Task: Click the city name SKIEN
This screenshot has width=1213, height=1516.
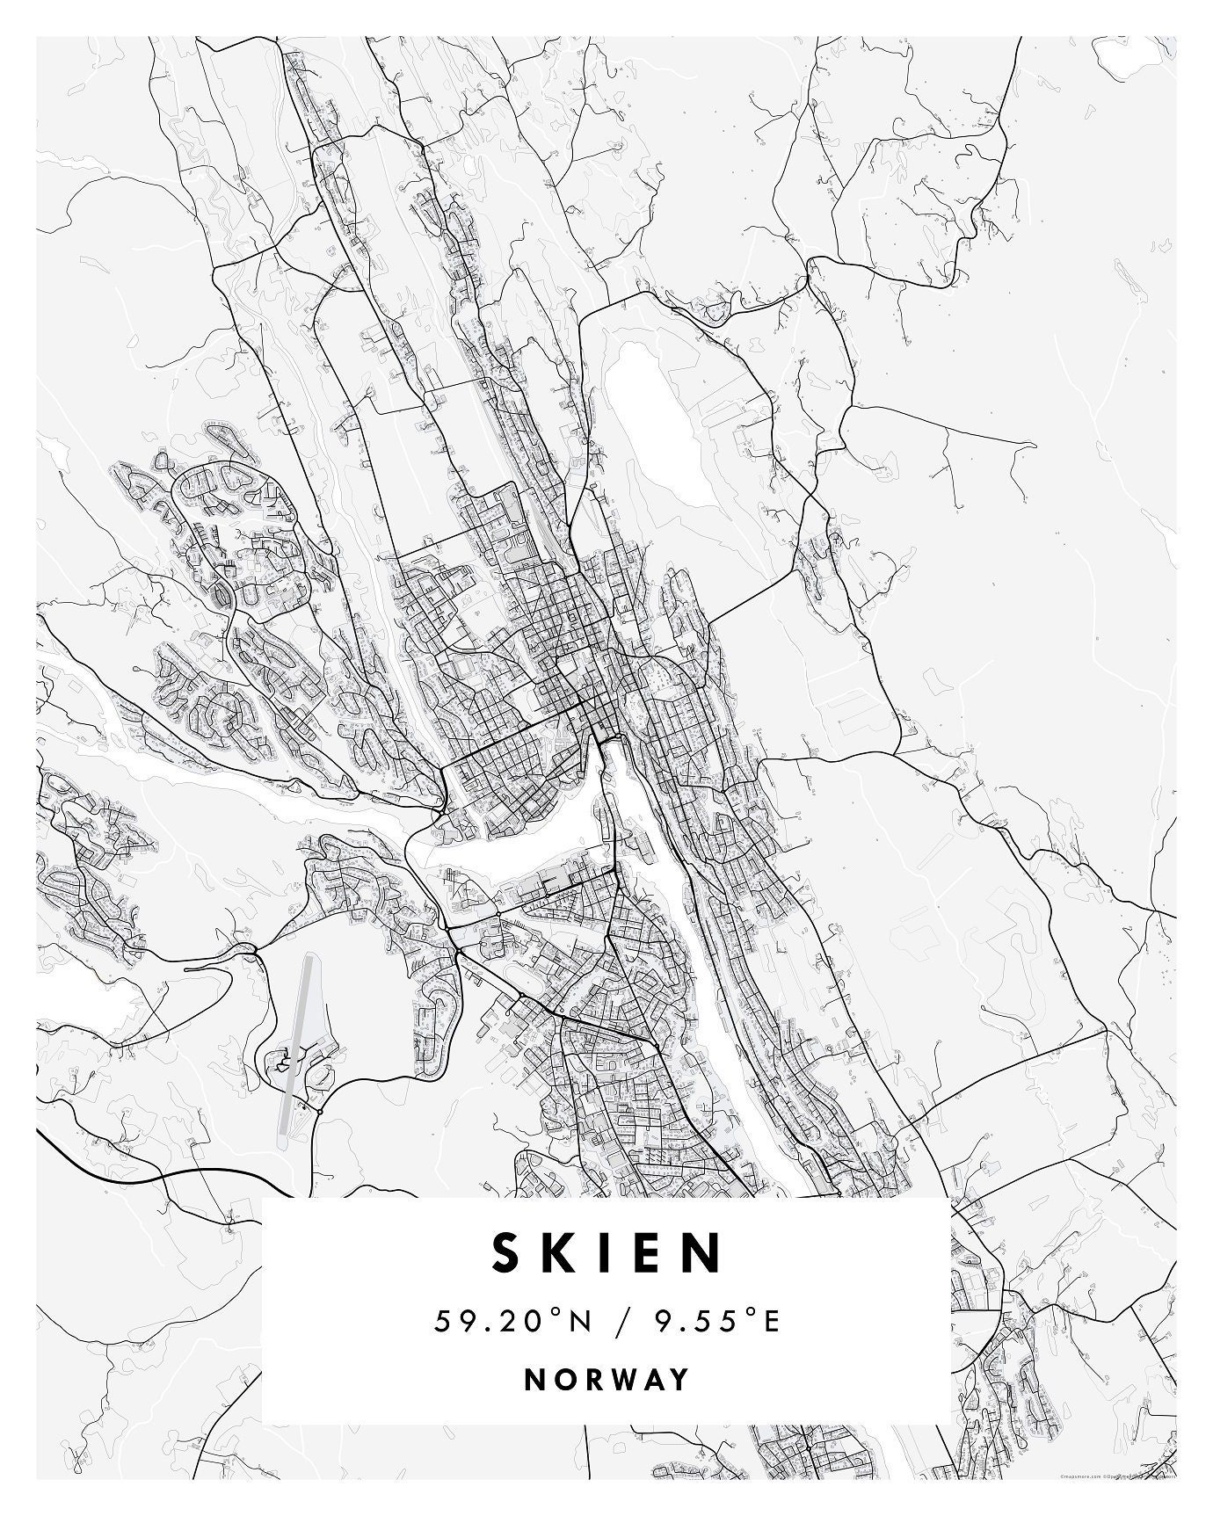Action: point(606,1252)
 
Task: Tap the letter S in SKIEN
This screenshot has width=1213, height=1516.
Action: point(507,1252)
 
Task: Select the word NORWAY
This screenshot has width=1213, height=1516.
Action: point(606,1379)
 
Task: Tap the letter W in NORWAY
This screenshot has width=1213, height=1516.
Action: point(621,1379)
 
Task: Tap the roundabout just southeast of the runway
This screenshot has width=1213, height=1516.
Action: point(320,1112)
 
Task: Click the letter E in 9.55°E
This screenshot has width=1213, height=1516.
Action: point(772,1321)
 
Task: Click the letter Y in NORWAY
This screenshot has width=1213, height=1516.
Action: point(679,1379)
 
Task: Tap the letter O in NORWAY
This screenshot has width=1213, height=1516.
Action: point(563,1379)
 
